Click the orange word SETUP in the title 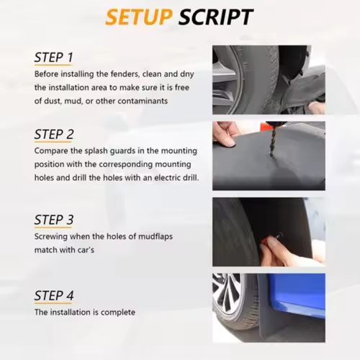tap(139, 17)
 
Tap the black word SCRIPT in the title tap(216, 17)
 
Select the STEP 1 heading tap(53, 58)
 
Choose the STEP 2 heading tap(54, 134)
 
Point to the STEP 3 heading tap(54, 220)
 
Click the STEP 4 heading tap(54, 295)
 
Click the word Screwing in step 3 tap(50, 237)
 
